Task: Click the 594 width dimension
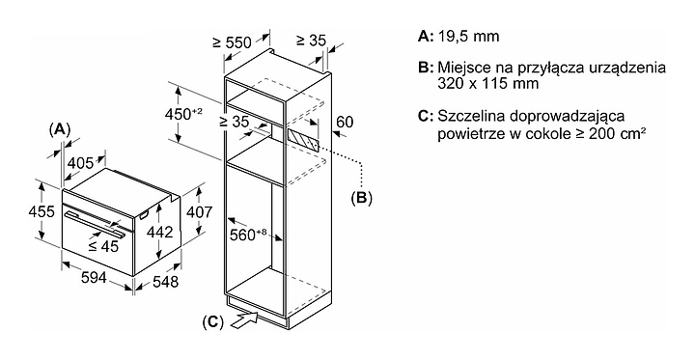click(94, 278)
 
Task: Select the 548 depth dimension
click(165, 281)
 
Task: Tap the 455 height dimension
click(42, 212)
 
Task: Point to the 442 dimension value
click(159, 231)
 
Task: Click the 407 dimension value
click(200, 212)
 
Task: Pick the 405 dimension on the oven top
click(80, 163)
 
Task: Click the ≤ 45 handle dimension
click(103, 246)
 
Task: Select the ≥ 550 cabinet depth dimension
click(232, 42)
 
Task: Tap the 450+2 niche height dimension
click(183, 115)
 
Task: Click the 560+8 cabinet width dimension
click(248, 235)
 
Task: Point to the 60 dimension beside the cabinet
click(346, 121)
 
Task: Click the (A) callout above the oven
click(60, 129)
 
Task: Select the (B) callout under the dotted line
click(361, 198)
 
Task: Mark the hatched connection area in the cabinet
click(303, 140)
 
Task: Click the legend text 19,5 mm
click(468, 37)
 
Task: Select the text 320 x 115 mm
click(488, 83)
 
